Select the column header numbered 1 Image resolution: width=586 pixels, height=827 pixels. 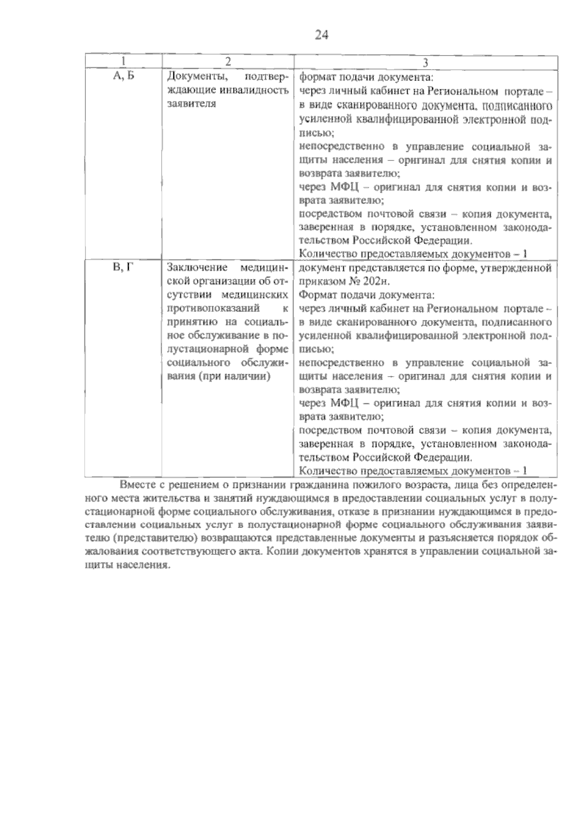(x=124, y=62)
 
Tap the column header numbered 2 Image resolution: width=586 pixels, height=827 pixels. (x=228, y=62)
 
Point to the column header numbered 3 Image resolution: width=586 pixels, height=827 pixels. (x=425, y=62)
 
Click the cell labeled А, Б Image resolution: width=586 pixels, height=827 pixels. (x=124, y=76)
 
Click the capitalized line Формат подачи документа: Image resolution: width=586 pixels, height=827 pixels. (x=366, y=295)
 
